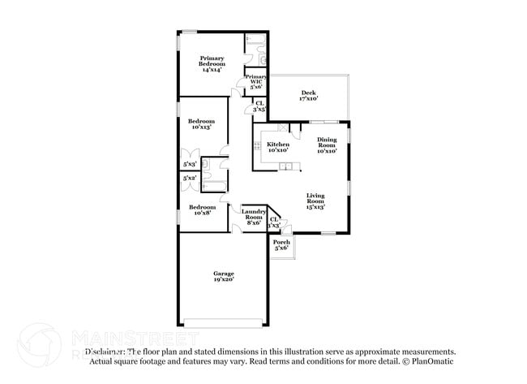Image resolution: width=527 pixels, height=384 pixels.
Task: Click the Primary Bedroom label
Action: [x=212, y=64]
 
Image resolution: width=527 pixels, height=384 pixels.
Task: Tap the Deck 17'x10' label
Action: [x=308, y=95]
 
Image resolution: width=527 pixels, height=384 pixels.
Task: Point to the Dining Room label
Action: [x=328, y=145]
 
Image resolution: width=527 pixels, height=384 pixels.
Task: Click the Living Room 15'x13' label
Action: [x=315, y=201]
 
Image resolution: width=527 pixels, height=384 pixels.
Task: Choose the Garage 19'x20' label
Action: [x=223, y=276]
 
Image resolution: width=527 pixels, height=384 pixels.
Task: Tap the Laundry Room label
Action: [x=253, y=216]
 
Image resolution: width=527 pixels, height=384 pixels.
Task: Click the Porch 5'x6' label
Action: [x=281, y=245]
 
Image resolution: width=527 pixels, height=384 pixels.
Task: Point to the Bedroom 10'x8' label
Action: [x=201, y=210]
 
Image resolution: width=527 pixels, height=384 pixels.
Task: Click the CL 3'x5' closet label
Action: [x=259, y=106]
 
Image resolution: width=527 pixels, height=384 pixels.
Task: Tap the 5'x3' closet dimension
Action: [x=189, y=163]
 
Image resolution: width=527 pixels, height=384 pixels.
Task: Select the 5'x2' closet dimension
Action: [x=189, y=178]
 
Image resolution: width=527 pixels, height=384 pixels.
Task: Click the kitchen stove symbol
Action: [x=257, y=147]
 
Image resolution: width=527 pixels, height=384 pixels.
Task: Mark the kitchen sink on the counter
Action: [x=286, y=167]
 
